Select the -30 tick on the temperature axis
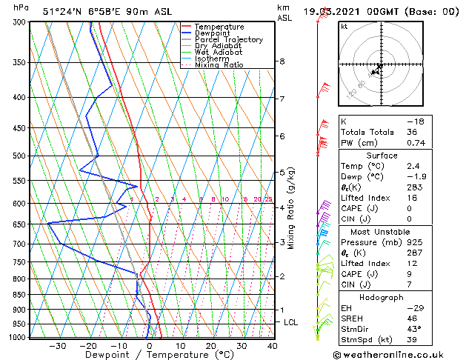click(x=58, y=345)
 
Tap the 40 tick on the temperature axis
click(x=272, y=345)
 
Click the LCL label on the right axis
click(x=291, y=322)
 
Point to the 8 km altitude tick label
click(x=282, y=61)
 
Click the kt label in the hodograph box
click(x=344, y=26)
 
